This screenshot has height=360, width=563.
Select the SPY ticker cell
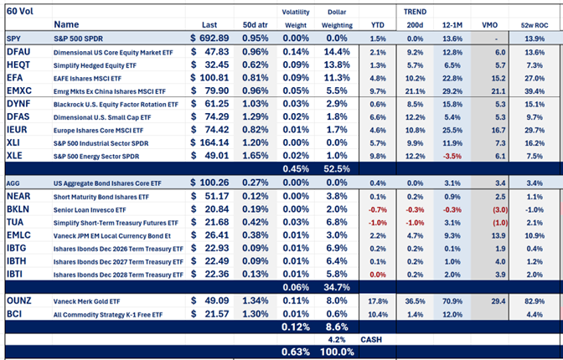click(15, 39)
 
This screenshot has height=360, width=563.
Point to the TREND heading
click(414, 11)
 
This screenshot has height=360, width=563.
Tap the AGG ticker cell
click(15, 183)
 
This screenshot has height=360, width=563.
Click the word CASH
click(371, 339)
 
